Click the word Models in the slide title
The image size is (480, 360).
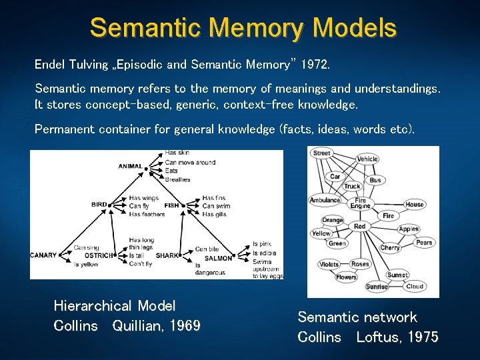[354, 27]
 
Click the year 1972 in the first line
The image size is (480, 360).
[314, 65]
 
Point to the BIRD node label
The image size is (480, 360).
[99, 205]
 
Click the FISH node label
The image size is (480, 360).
[172, 205]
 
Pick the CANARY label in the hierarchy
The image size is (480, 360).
[43, 255]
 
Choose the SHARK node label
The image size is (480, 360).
[167, 255]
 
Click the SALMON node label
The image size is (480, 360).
[218, 259]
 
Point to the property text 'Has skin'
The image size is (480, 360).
[177, 153]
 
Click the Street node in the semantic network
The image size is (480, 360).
[321, 153]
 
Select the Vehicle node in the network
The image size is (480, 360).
[367, 159]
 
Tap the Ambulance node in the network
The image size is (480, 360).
[325, 200]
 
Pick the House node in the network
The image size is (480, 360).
[414, 205]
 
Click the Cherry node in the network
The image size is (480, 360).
[390, 248]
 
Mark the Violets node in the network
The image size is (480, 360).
[329, 264]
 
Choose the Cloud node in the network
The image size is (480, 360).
[415, 287]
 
